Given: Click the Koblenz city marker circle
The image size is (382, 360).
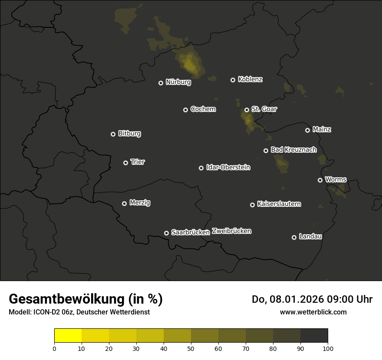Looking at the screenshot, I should coord(233,80).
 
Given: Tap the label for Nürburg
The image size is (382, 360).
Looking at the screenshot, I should coord(178,82).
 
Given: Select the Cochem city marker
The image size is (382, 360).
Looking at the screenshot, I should coord(185,110).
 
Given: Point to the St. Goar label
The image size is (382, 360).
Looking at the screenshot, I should coord(264,109).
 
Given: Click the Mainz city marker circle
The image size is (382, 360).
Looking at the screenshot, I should coord(307,130).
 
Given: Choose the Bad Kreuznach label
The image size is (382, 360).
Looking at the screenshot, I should coord(293,150).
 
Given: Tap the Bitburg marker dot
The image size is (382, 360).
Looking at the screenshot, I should coord(113,134).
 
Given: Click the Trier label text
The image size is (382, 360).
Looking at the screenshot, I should coord(138,162).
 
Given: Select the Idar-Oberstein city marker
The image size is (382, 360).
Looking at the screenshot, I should coord(201,168).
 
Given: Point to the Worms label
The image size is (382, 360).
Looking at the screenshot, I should coord(336,180).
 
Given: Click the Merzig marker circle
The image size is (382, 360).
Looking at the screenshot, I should coord(124,203).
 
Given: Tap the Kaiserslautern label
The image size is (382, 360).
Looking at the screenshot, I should coord(279,204).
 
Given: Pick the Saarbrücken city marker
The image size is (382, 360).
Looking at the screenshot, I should coord(166,233).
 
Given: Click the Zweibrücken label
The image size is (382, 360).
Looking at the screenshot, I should coord(231,231).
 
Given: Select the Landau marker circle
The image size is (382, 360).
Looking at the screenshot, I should coord(294,237).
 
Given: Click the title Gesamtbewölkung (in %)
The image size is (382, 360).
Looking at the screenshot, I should coord(86,299).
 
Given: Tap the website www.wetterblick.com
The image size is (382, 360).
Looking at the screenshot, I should coord(313,312).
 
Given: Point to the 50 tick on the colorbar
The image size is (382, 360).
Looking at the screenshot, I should coord(191,348).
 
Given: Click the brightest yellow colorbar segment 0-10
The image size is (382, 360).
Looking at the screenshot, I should coord(68,335).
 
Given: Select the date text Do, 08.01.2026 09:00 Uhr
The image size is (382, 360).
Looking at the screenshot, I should coord(312,299).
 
